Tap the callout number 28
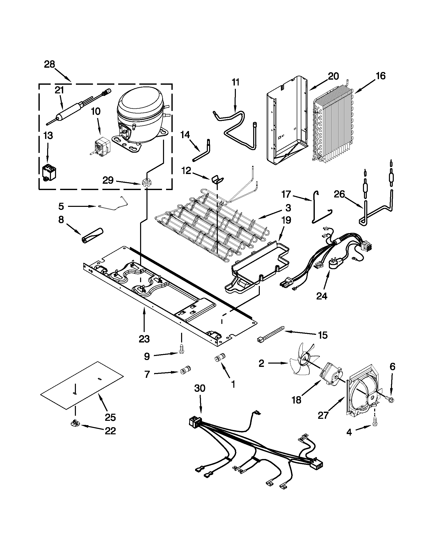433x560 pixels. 49,64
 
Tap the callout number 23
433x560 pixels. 144,339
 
